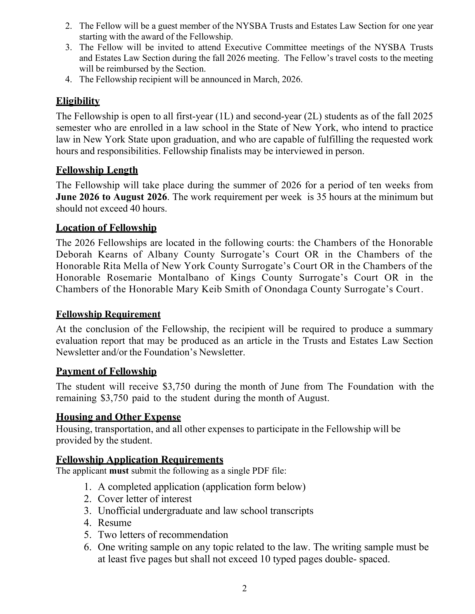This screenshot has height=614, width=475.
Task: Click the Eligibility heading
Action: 78,101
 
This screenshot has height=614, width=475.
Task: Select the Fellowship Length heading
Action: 97,170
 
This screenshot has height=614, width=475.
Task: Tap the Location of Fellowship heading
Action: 106,227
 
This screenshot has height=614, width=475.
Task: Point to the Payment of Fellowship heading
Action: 106,371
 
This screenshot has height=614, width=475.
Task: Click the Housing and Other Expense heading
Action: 118,417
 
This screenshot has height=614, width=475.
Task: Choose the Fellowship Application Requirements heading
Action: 140,459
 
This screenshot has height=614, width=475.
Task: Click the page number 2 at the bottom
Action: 244,588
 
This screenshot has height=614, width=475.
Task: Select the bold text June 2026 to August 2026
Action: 111,197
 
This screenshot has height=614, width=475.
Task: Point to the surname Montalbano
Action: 183,277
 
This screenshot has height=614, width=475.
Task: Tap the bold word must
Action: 119,471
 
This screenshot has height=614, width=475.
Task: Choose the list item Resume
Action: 115,523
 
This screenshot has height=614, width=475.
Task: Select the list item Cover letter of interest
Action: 145,499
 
